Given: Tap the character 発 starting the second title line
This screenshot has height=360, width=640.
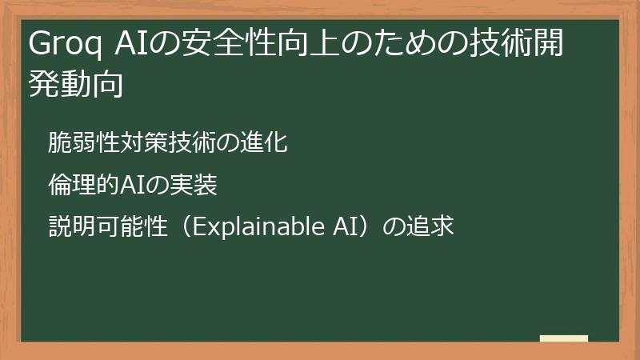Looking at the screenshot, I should coord(43,83).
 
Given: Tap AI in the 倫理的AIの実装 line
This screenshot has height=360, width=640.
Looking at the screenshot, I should coord(132,186).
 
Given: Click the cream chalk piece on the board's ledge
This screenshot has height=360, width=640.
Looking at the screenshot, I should coord(564,339).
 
